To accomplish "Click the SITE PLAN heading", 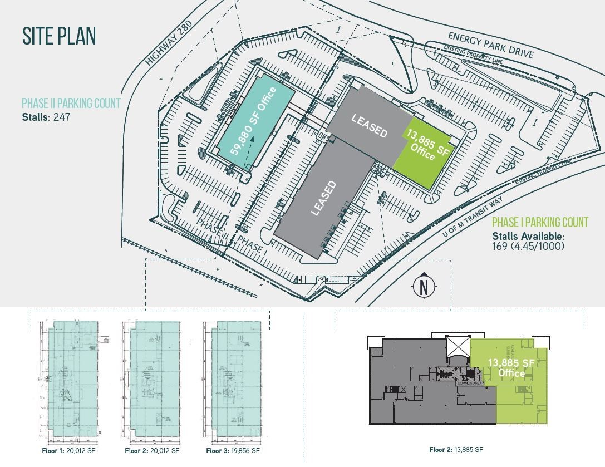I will coord(59,36).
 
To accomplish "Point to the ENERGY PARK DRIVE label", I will coord(490,46).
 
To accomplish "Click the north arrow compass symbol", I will coord(424,287).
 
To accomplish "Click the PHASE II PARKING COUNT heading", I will coord(71,104).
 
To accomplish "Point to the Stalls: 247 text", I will coord(46,117).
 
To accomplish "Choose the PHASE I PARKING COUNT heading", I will coord(540,223).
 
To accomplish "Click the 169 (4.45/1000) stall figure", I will coord(528,245).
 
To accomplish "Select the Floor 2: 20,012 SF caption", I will coord(152,450).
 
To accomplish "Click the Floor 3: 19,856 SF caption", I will coord(233,450).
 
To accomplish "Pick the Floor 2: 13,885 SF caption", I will coord(456,449).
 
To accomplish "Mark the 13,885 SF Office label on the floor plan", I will coord(511,368).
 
